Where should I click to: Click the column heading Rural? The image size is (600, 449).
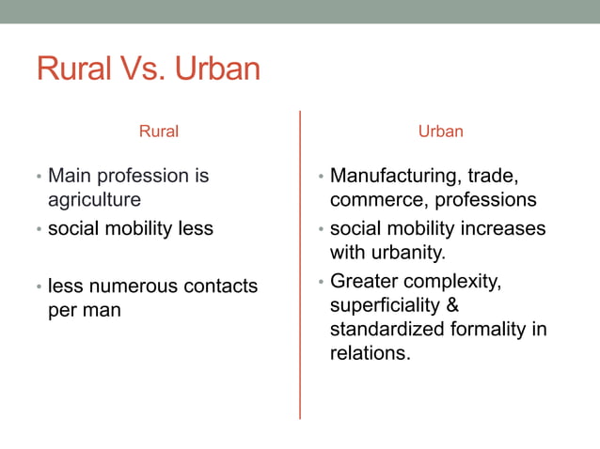tap(159, 132)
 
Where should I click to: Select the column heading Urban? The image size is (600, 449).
tap(441, 132)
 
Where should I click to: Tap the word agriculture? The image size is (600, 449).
tap(94, 200)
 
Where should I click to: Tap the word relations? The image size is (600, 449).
tap(370, 355)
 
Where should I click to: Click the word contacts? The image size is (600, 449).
tap(222, 286)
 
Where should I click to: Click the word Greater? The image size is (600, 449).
tap(366, 281)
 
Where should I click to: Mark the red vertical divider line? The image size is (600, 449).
tap(300, 263)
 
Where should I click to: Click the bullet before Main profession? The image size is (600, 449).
tap(39, 177)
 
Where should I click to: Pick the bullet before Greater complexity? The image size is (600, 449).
tap(321, 282)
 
